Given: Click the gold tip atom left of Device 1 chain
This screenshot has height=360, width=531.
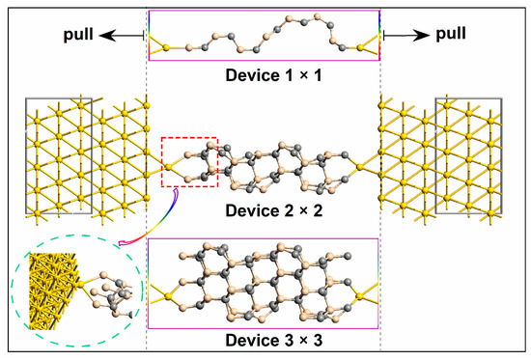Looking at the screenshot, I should pyautogui.click(x=167, y=45).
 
